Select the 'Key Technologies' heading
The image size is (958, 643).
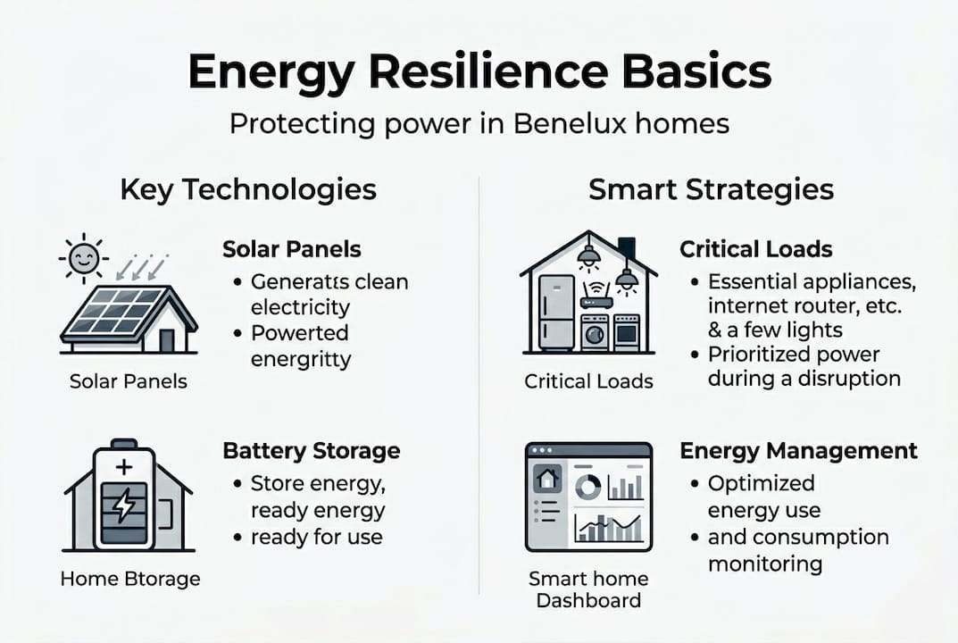pos(247,189)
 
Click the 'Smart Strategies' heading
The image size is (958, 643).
pos(711,189)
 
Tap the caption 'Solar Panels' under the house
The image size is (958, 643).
pos(129,381)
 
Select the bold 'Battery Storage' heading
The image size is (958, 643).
pos(311,450)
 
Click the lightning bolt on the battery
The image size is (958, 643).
pos(125,506)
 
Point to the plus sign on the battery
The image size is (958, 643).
pos(124,465)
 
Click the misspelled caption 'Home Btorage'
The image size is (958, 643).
pos(130,579)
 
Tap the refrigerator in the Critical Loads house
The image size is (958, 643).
pos(556,313)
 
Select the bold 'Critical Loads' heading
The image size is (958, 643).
pos(755,249)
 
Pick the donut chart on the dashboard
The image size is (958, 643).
pos(587,487)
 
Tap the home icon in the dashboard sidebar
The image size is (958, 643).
pos(545,479)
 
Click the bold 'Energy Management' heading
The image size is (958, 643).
pos(798,450)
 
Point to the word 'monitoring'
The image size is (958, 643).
pos(764,564)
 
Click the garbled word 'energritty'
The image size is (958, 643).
pos(300,359)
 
